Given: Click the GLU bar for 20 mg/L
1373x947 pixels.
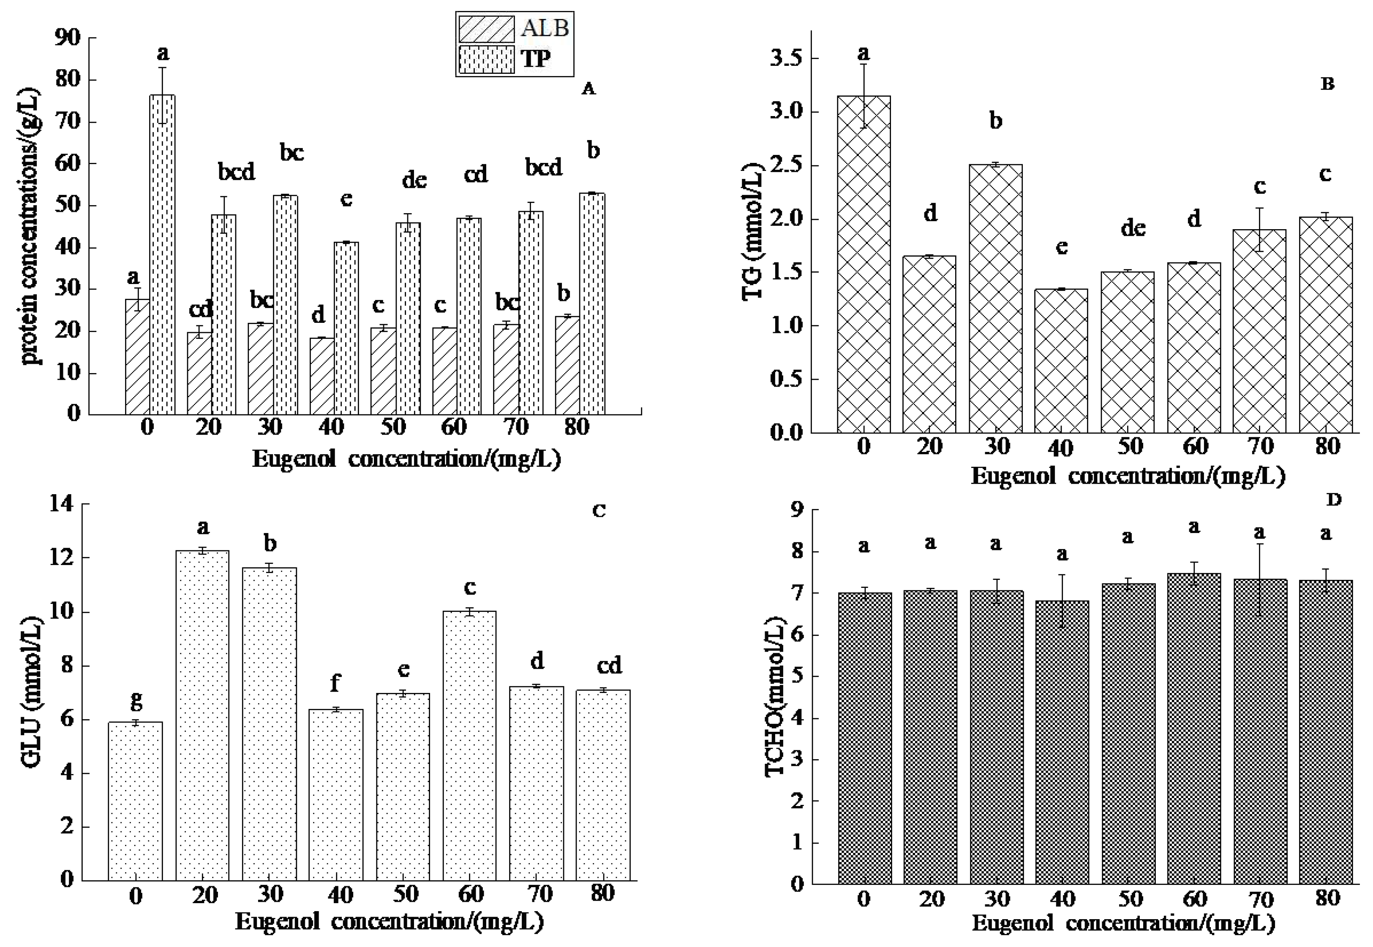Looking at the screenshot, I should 202,715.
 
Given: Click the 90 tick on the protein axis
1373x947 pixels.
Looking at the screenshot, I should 67,38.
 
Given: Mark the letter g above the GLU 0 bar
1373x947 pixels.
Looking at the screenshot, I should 136,701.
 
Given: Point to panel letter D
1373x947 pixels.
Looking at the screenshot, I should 1333,500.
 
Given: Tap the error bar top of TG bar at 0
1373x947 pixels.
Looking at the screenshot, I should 864,64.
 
